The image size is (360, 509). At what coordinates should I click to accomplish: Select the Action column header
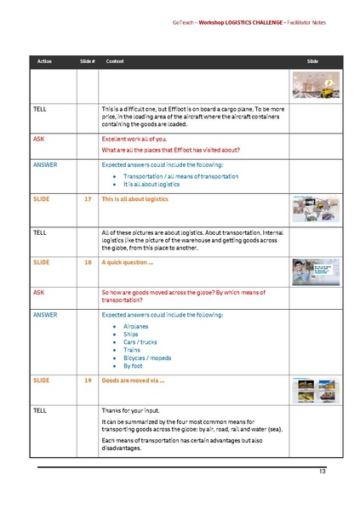(x=44, y=62)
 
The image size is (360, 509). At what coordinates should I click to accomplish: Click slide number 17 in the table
(x=88, y=198)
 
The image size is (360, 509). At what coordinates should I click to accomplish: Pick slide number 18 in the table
(x=88, y=263)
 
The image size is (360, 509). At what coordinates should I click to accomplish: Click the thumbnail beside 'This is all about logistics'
(x=311, y=209)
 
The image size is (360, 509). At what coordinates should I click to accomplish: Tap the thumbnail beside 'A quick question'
(x=311, y=272)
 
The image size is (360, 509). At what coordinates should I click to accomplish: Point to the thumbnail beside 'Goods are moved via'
(x=311, y=389)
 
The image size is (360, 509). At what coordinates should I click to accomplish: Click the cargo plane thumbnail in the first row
(x=311, y=85)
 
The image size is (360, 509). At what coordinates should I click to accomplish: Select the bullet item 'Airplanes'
(x=136, y=327)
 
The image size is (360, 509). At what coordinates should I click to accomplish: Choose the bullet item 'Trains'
(x=132, y=350)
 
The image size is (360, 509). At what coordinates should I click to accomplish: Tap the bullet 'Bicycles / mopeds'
(x=146, y=357)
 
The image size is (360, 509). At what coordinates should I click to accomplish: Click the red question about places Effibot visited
(x=170, y=149)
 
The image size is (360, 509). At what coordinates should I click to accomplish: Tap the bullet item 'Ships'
(x=131, y=335)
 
